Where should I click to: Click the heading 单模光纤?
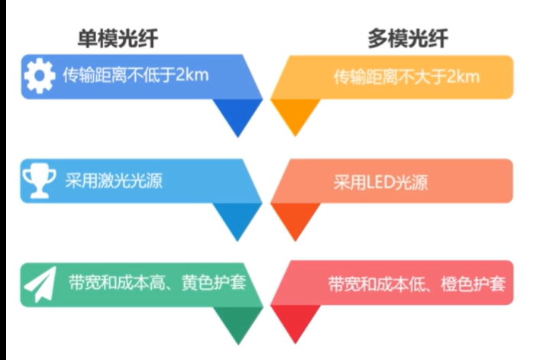(118, 38)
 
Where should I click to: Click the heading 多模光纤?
(408, 38)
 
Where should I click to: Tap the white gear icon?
(40, 76)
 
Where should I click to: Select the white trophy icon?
(39, 182)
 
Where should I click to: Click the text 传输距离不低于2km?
(136, 75)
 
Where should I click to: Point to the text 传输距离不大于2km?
(406, 77)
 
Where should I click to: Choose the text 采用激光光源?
(114, 180)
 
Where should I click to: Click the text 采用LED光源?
(380, 182)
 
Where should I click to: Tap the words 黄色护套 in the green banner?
(214, 283)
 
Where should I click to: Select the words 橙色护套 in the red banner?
(473, 284)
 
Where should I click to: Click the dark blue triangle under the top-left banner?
(238, 114)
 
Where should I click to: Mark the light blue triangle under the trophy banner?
(238, 218)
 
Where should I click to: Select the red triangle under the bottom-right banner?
(295, 320)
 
